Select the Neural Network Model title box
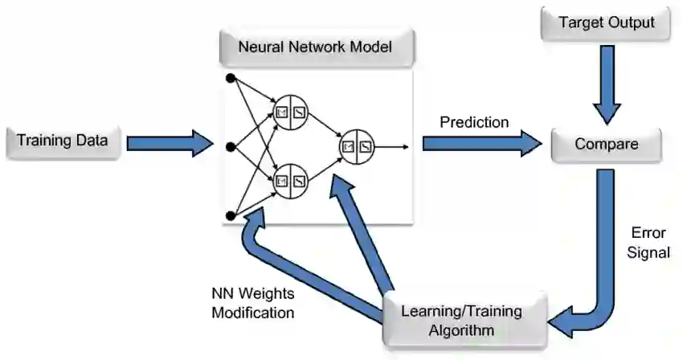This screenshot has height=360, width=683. point(315,47)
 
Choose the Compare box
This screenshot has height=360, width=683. point(607,145)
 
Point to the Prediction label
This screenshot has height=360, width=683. point(474,123)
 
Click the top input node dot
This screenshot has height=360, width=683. point(231,78)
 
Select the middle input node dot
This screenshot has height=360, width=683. point(231,146)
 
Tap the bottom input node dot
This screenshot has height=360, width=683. point(231,215)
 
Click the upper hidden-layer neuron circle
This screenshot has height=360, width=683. point(290,112)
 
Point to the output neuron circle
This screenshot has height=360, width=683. point(357,146)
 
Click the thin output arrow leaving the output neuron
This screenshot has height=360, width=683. point(394,146)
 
